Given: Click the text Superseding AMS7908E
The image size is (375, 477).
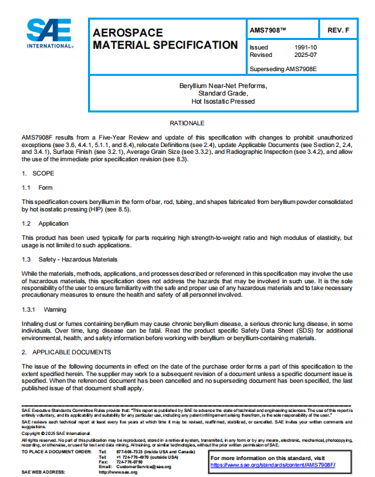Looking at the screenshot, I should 283,69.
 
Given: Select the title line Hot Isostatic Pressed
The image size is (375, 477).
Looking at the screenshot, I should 223,102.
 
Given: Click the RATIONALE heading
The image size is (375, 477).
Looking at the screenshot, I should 187,123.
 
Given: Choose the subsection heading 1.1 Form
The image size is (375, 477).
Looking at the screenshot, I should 37,188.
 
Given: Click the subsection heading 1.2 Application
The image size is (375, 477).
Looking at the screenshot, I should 45,223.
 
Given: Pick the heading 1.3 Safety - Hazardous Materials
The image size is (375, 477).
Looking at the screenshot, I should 70,259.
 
